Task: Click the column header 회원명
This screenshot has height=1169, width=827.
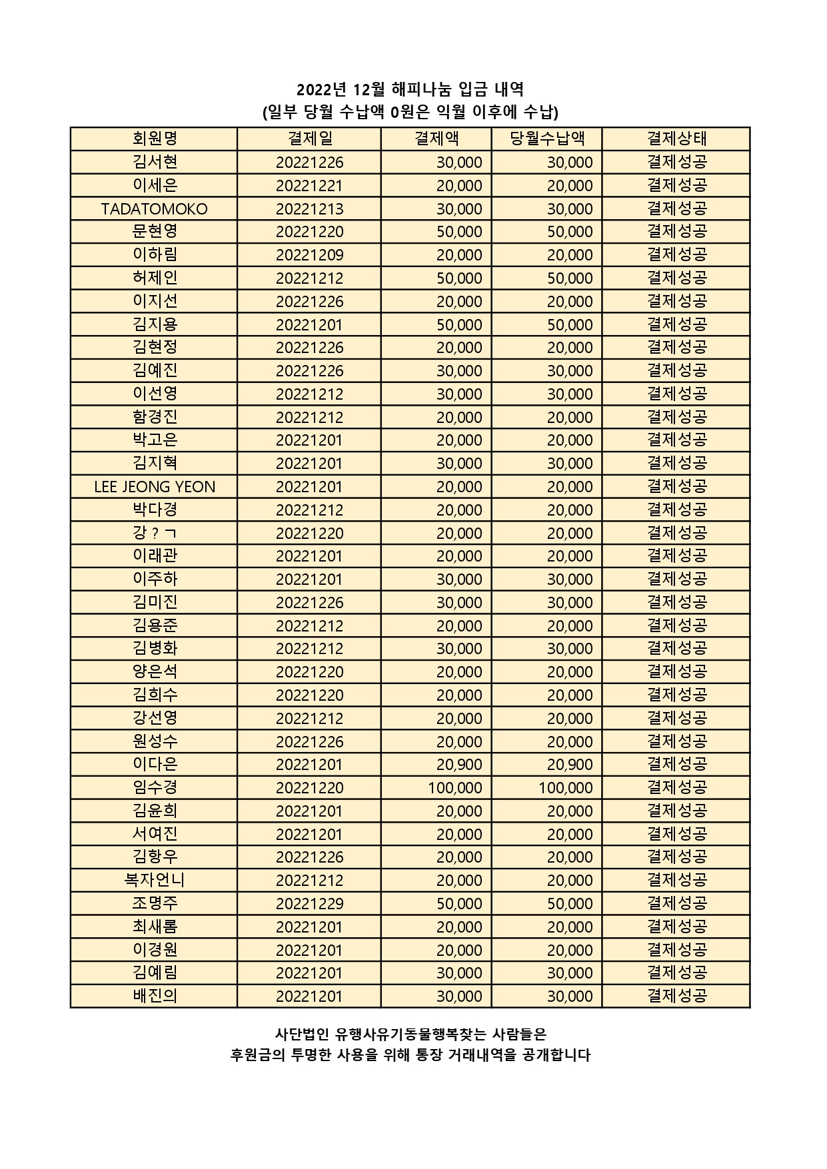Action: [x=155, y=139]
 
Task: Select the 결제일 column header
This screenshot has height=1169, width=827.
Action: [x=309, y=139]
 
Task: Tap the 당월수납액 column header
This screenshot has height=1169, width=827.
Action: [x=547, y=139]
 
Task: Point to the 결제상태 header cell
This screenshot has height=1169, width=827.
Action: [x=676, y=139]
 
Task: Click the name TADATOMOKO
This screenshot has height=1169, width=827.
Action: [x=155, y=209]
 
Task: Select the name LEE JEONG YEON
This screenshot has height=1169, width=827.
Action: [x=155, y=487]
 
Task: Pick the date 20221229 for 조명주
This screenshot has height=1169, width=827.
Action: [x=309, y=904]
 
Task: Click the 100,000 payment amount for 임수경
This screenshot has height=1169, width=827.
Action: [x=455, y=788]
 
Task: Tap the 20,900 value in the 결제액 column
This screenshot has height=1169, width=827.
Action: [x=459, y=765]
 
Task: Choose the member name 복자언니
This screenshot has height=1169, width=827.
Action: [x=155, y=881]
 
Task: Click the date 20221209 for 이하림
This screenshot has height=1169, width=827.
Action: [x=309, y=255]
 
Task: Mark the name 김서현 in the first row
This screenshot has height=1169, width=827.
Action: [x=155, y=163]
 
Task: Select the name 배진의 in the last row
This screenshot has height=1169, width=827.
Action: [x=155, y=996]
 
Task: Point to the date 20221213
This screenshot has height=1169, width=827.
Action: [x=309, y=209]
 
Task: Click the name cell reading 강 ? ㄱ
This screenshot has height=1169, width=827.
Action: [x=155, y=534]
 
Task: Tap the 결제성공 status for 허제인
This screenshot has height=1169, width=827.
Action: [x=676, y=278]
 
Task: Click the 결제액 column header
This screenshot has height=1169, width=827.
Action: [x=436, y=139]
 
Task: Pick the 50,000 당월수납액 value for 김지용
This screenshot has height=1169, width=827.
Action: [x=570, y=325]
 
